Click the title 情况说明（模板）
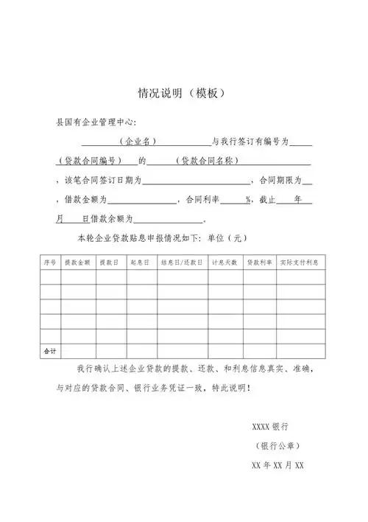181,94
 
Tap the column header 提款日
109,262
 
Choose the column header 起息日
140,262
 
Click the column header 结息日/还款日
181,262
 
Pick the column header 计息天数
224,262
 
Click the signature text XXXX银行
269,427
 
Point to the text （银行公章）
275,446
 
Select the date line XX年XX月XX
277,466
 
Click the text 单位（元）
229,238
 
